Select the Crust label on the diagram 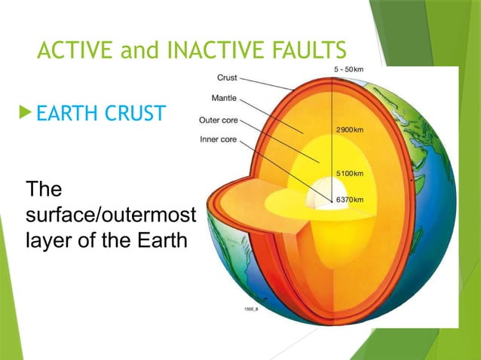pos(227,77)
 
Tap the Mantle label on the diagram pos(224,98)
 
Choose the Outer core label pos(219,119)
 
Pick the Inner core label pos(219,139)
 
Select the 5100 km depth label pos(350,172)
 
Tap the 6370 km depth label pos(350,200)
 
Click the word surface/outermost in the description pos(110,216)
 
